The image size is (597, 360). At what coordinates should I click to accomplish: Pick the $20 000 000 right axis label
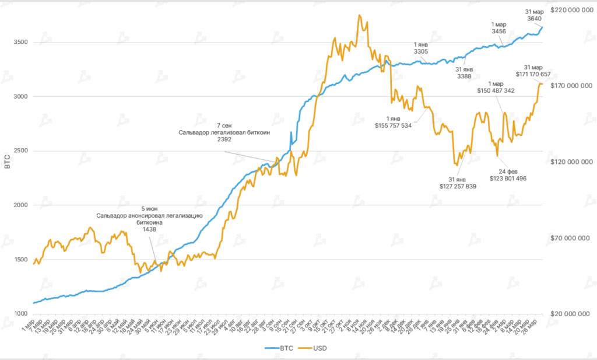click(x=572, y=314)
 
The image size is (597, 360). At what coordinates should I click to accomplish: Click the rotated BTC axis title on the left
click(x=7, y=163)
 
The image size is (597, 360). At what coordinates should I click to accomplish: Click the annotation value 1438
click(x=150, y=229)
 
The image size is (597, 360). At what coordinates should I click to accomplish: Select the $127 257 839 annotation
click(x=458, y=186)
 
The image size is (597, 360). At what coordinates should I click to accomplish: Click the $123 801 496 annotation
click(x=508, y=178)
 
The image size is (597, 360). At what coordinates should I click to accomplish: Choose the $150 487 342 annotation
click(x=496, y=90)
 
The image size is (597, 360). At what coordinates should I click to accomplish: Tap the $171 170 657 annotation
click(x=533, y=74)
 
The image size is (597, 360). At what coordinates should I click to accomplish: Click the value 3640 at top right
click(x=534, y=18)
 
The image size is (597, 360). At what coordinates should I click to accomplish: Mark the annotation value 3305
click(x=421, y=52)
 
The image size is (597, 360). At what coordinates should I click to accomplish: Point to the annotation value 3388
click(x=464, y=76)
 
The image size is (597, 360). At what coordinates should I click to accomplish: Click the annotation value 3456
click(x=499, y=32)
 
